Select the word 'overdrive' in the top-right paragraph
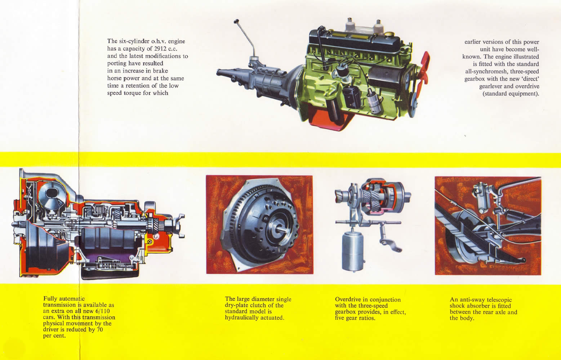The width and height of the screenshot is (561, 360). click(x=527, y=86)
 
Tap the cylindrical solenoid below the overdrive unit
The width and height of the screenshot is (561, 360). click(x=352, y=251)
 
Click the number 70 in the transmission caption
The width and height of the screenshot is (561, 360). click(x=100, y=329)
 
